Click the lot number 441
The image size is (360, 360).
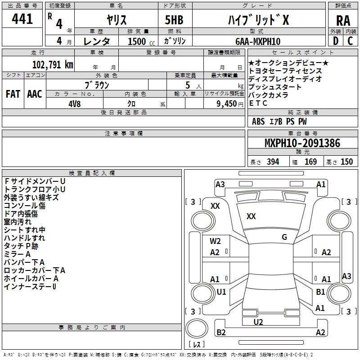point(22,19)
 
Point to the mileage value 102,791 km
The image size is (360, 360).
point(52,64)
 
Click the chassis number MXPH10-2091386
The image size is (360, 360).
point(302,144)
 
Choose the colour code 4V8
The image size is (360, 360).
point(74,103)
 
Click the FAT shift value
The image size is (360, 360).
point(13,94)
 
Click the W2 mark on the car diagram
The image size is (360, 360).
point(215,241)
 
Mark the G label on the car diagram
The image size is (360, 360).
point(284,237)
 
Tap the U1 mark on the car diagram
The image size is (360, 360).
point(221,292)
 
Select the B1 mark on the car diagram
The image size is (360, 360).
point(320,292)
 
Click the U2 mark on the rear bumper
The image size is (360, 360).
point(258,322)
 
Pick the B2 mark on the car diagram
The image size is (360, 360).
point(221,333)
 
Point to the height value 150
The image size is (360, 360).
point(346,162)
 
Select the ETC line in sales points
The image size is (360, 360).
point(258,103)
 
